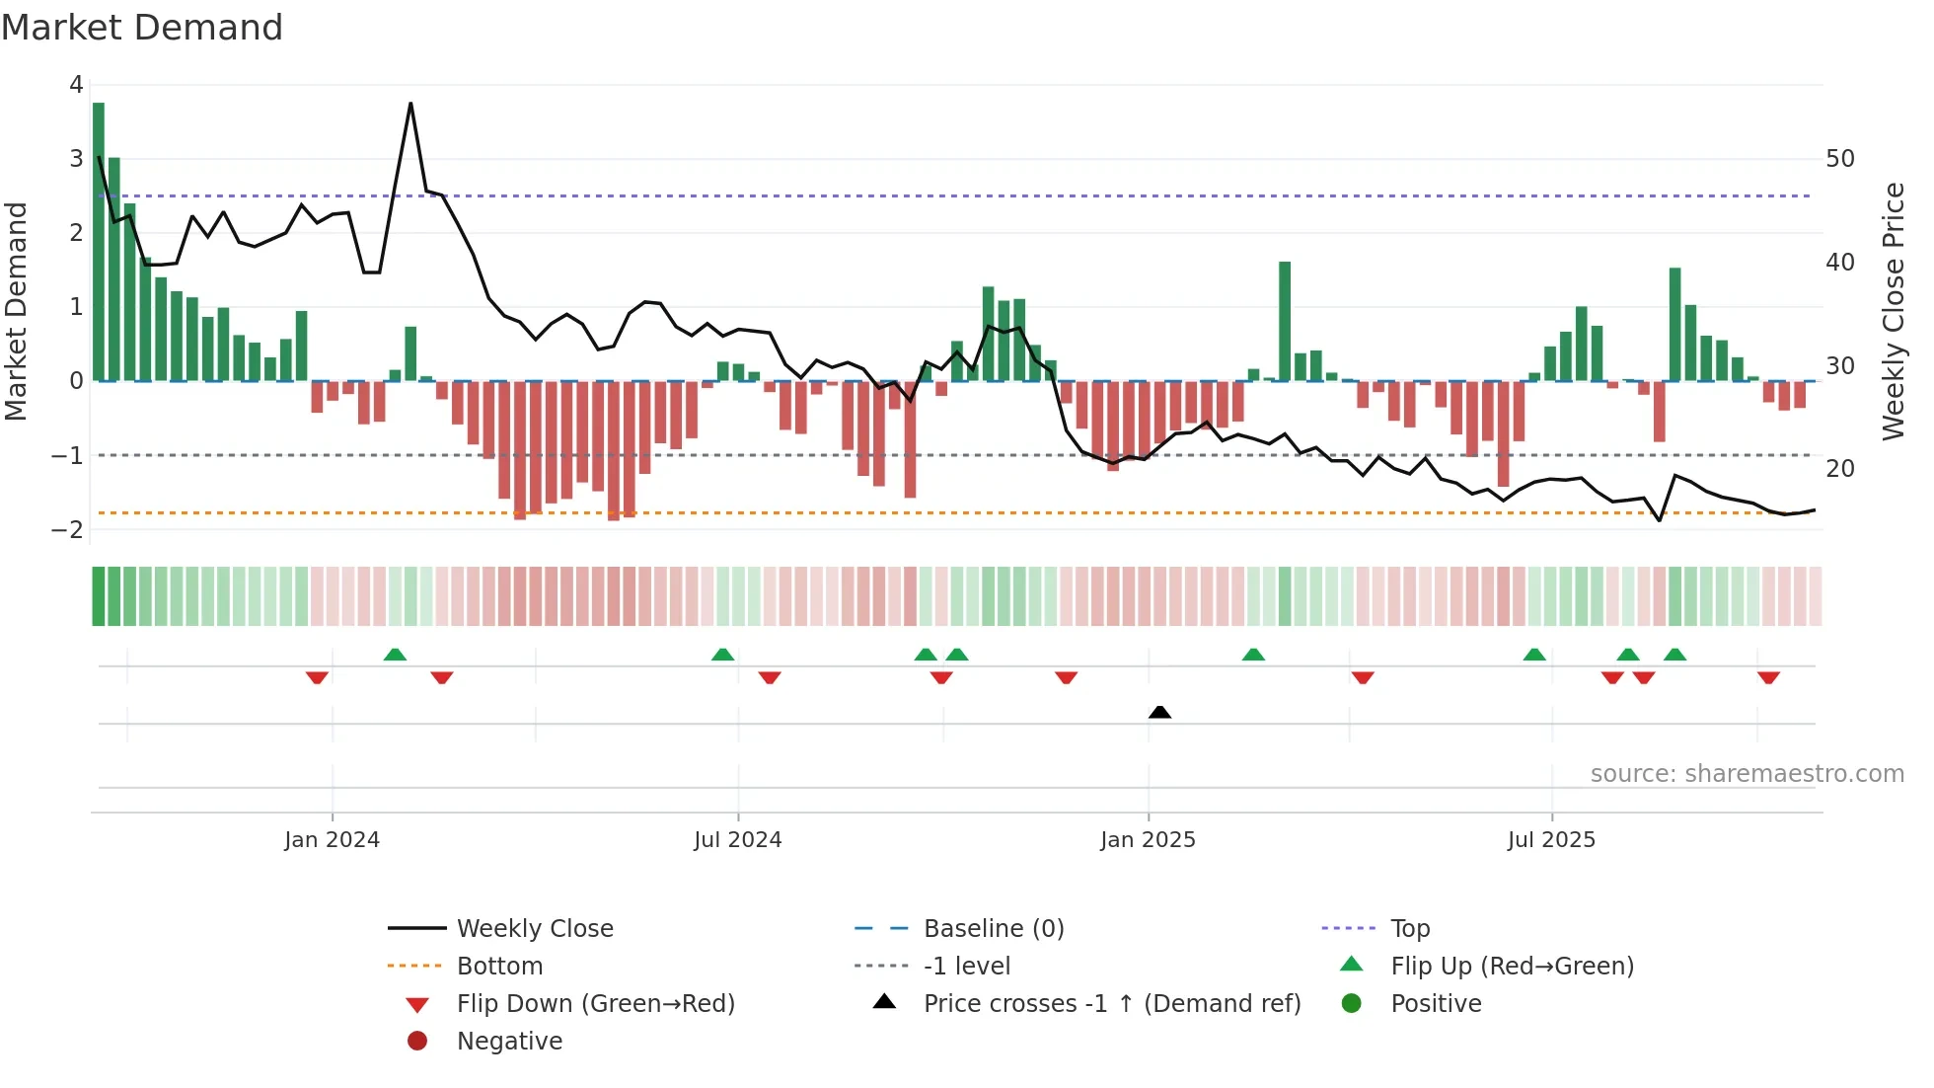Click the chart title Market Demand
pyautogui.click(x=142, y=28)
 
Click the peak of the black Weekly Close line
pyautogui.click(x=410, y=104)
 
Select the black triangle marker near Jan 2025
pyautogui.click(x=1160, y=712)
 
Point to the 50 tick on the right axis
pyautogui.click(x=1839, y=159)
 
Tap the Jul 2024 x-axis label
pyautogui.click(x=737, y=840)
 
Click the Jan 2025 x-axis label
pyautogui.click(x=1148, y=840)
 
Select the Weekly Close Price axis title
pyautogui.click(x=1893, y=311)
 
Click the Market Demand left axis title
pyautogui.click(x=16, y=311)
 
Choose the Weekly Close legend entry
pyautogui.click(x=534, y=929)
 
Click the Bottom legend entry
pyautogui.click(x=499, y=967)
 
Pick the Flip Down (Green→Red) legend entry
pyautogui.click(x=595, y=1004)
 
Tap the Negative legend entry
pyautogui.click(x=509, y=1042)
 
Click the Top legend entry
pyautogui.click(x=1409, y=929)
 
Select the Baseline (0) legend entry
pyautogui.click(x=993, y=929)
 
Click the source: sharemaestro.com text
pyautogui.click(x=1747, y=774)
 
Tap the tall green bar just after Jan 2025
pyautogui.click(x=1285, y=321)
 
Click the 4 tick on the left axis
pyautogui.click(x=76, y=85)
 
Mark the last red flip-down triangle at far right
pyautogui.click(x=1768, y=678)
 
